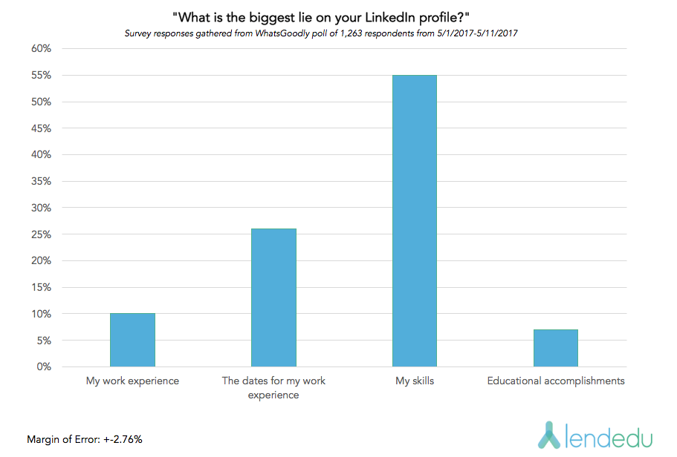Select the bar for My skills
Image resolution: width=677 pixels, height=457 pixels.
coord(415,221)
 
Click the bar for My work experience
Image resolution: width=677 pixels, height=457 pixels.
coord(132,340)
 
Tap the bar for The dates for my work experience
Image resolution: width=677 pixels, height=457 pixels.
coord(273,297)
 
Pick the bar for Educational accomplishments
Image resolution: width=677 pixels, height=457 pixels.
coord(556,348)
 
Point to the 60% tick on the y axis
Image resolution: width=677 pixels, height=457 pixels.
coord(40,49)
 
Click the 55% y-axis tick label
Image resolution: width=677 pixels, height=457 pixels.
coord(40,76)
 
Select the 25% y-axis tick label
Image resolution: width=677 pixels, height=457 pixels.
coord(40,234)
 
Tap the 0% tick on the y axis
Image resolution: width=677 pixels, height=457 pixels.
coord(42,367)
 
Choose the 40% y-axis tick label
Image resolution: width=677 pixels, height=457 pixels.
coord(40,155)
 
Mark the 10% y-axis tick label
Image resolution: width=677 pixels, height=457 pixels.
coord(40,314)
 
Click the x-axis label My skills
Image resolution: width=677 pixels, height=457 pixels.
coord(415,381)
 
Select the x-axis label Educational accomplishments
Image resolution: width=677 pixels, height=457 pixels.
coord(556,381)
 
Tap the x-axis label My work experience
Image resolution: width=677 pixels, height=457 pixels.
coord(132,381)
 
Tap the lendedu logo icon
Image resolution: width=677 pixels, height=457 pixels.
coord(548,435)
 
